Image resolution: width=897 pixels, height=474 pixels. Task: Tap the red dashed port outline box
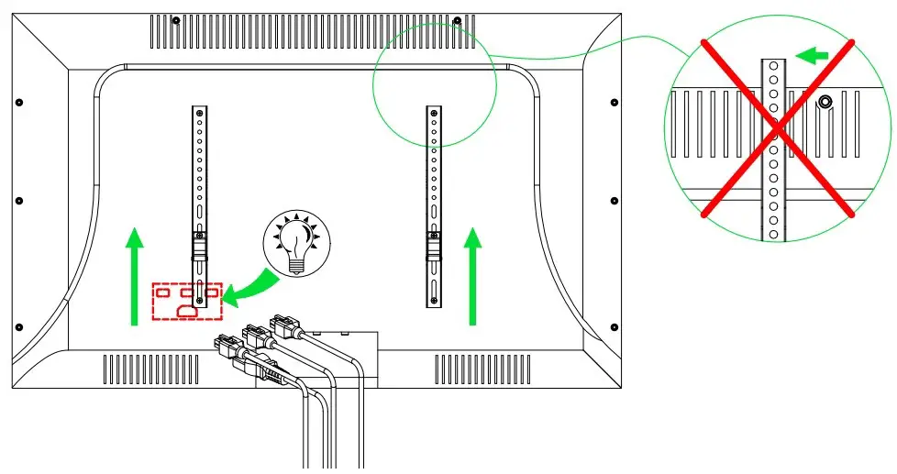coord(187,301)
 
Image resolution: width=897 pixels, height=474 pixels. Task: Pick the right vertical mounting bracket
coord(431,206)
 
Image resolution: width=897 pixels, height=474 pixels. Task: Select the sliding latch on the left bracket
coord(199,245)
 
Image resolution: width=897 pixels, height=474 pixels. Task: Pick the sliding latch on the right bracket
coord(431,245)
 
